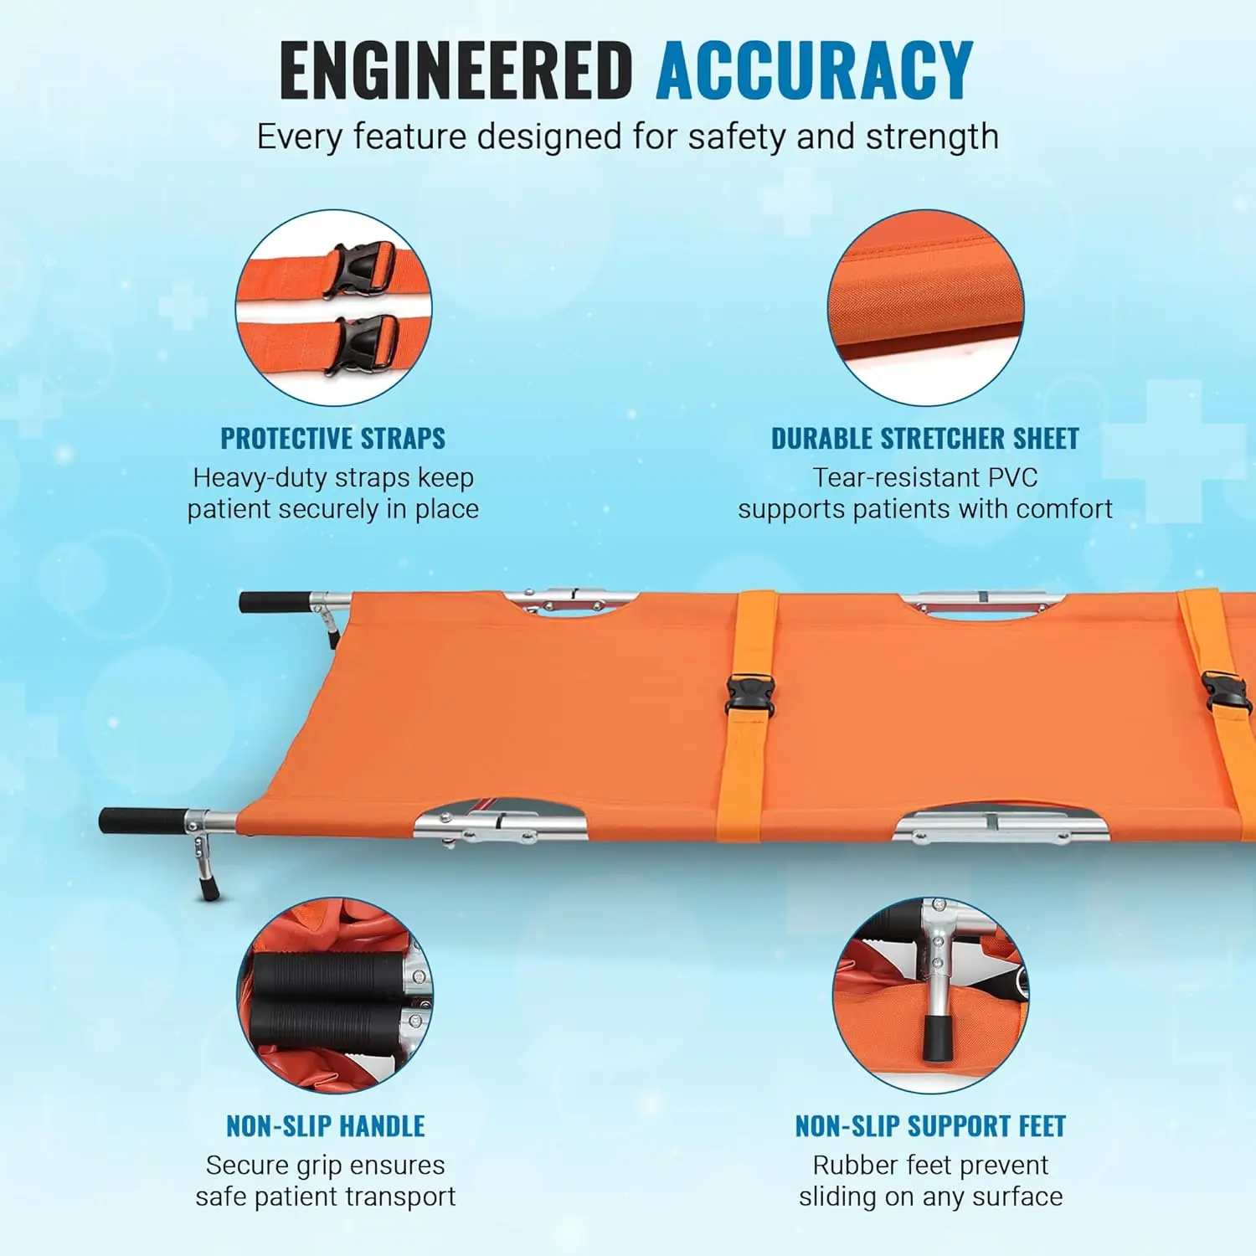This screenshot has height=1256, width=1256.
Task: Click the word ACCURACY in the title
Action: click(x=815, y=70)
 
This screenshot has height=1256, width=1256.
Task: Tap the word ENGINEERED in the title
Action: click(x=456, y=70)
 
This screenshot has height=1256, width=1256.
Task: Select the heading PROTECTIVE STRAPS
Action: click(x=332, y=438)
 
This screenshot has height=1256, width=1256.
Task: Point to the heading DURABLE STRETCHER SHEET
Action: click(x=924, y=438)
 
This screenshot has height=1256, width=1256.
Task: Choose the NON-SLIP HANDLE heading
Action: click(x=326, y=1126)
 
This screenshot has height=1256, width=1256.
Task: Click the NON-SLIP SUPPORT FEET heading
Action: click(x=930, y=1126)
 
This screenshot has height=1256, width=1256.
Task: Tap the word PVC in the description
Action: click(x=1012, y=477)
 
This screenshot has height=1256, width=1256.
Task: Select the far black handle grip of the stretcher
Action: click(x=275, y=602)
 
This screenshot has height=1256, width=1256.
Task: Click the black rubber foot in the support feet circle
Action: click(x=936, y=1036)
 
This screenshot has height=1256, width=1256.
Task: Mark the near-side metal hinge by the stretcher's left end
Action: click(x=500, y=825)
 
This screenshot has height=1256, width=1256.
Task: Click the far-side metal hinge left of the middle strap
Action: click(x=571, y=600)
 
